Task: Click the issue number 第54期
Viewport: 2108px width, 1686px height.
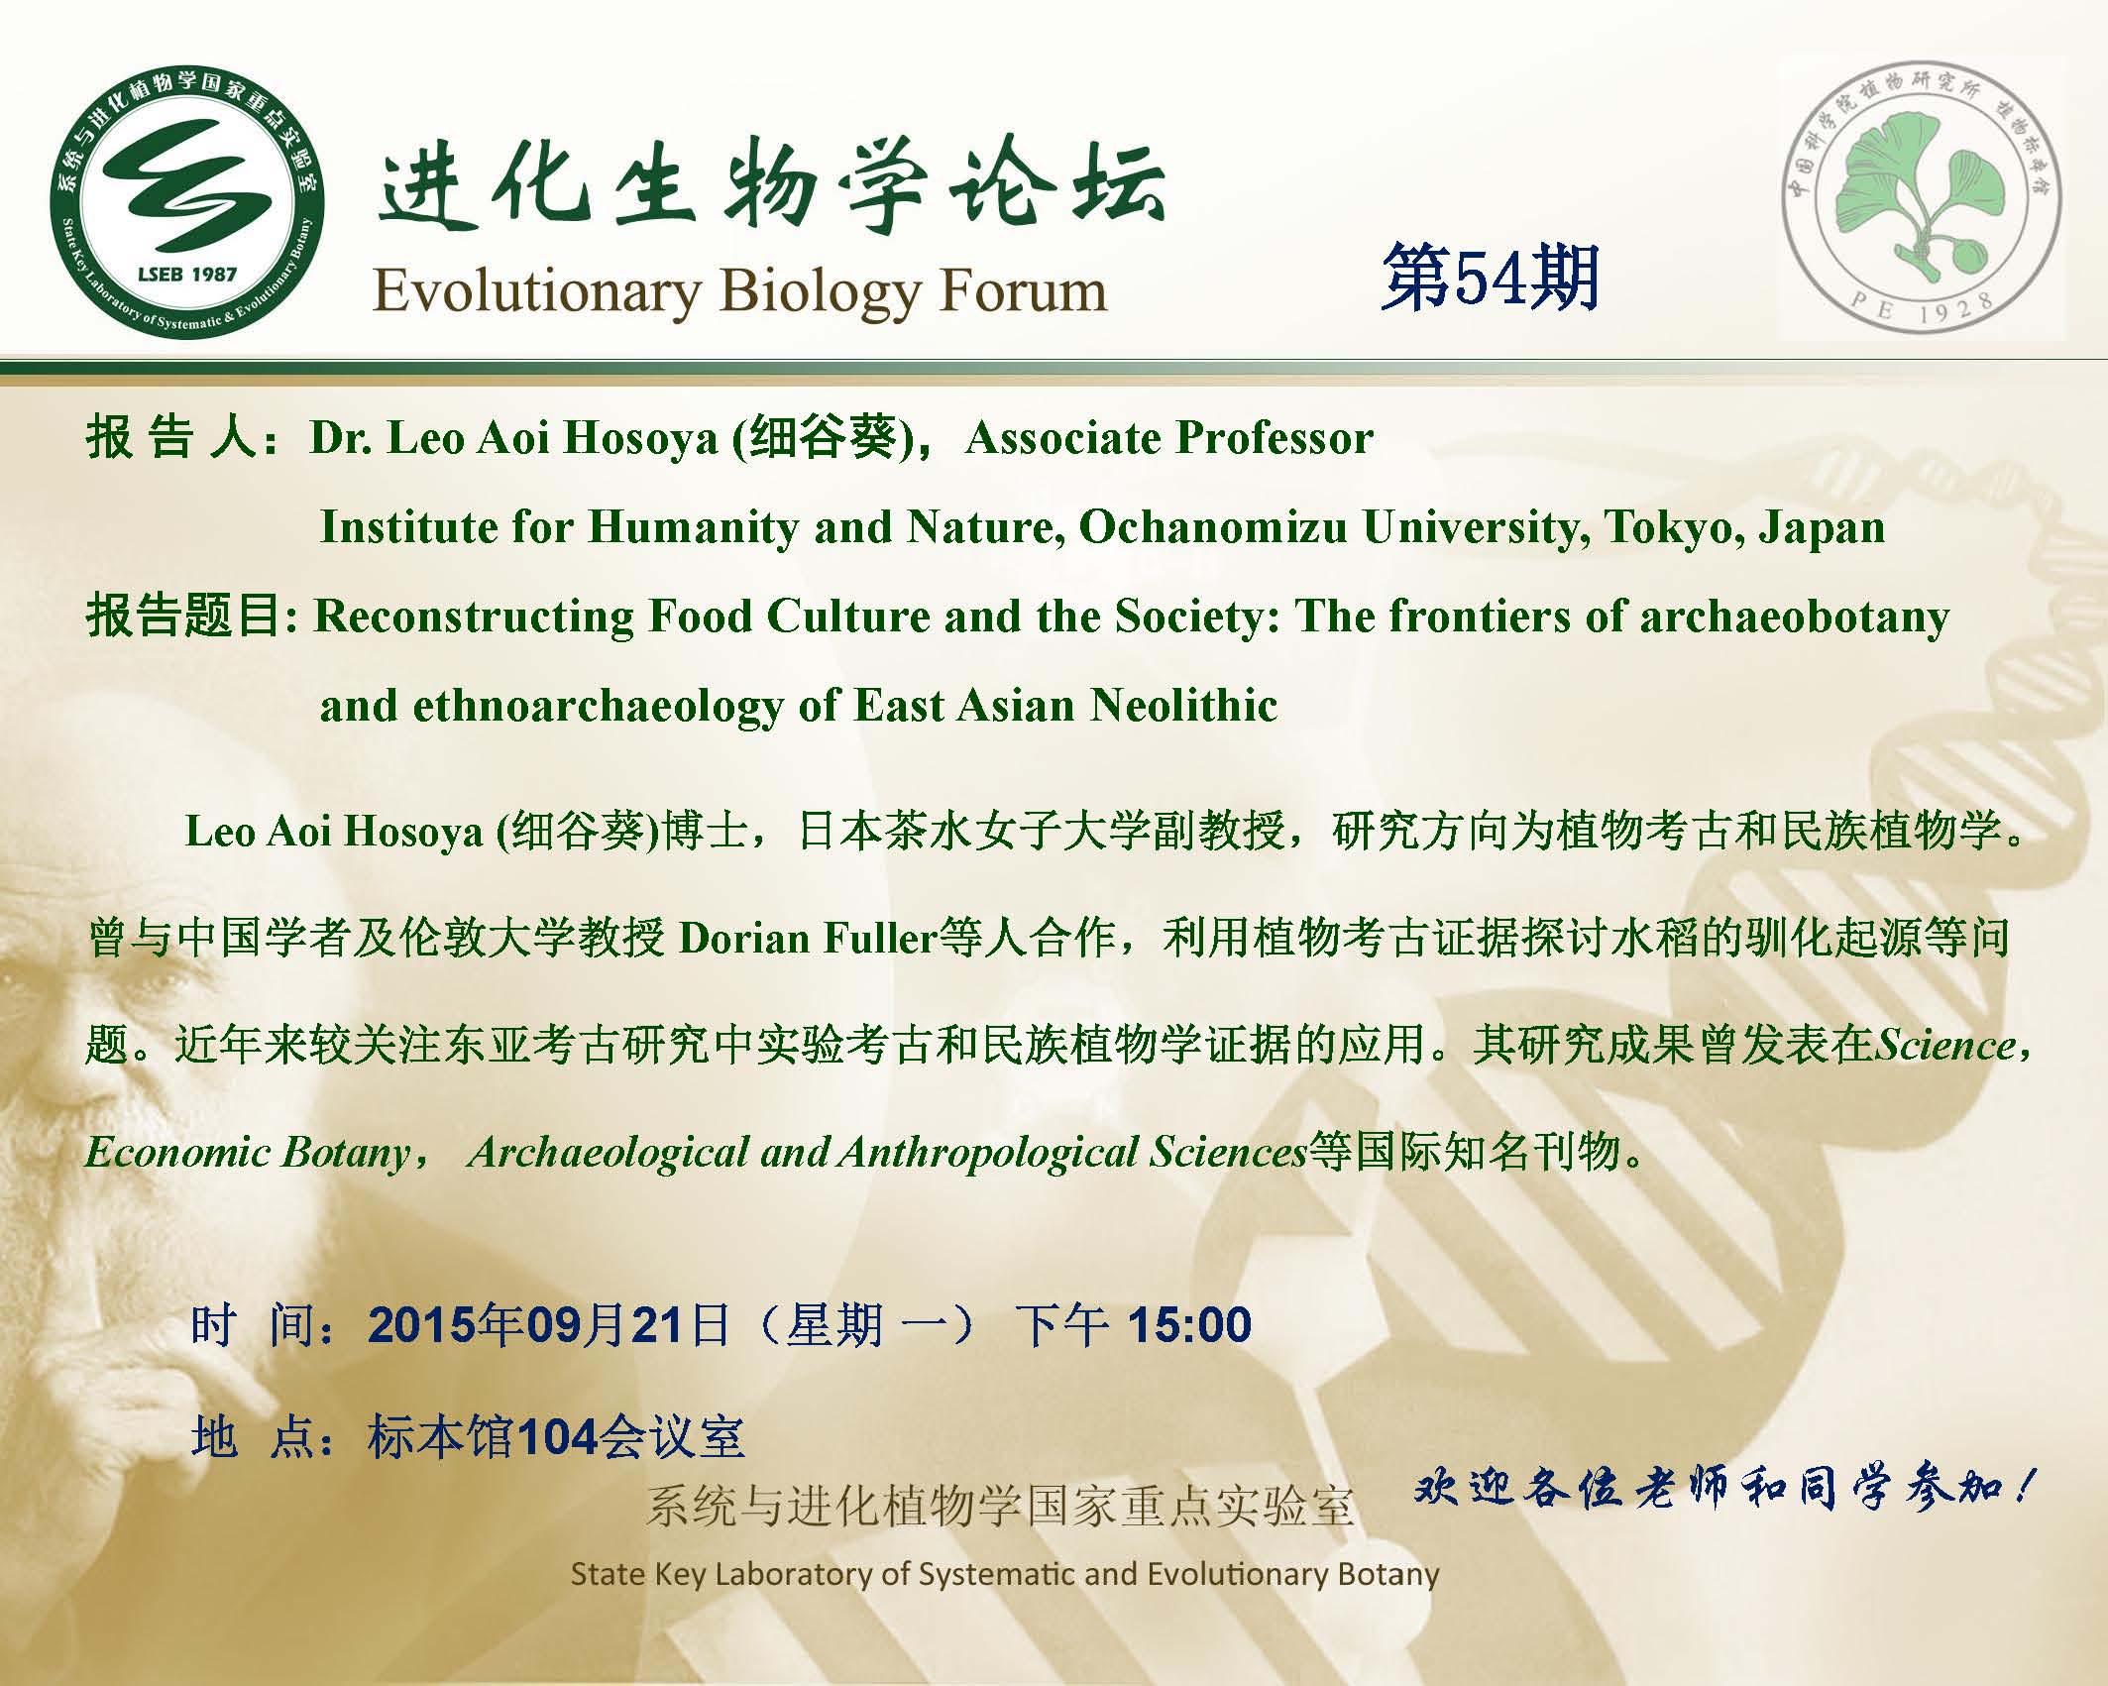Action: pos(1491,280)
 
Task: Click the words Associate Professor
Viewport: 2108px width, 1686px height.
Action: pos(1169,438)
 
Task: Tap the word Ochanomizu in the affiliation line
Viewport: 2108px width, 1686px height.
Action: pos(1213,527)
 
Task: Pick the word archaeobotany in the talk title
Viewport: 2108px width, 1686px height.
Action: pos(1794,617)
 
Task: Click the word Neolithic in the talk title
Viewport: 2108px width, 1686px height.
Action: pos(1183,706)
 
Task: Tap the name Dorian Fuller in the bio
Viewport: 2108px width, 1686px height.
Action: pos(808,938)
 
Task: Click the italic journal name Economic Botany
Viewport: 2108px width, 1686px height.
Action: pos(247,1152)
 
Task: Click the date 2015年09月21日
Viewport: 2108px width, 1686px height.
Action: pos(549,1324)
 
